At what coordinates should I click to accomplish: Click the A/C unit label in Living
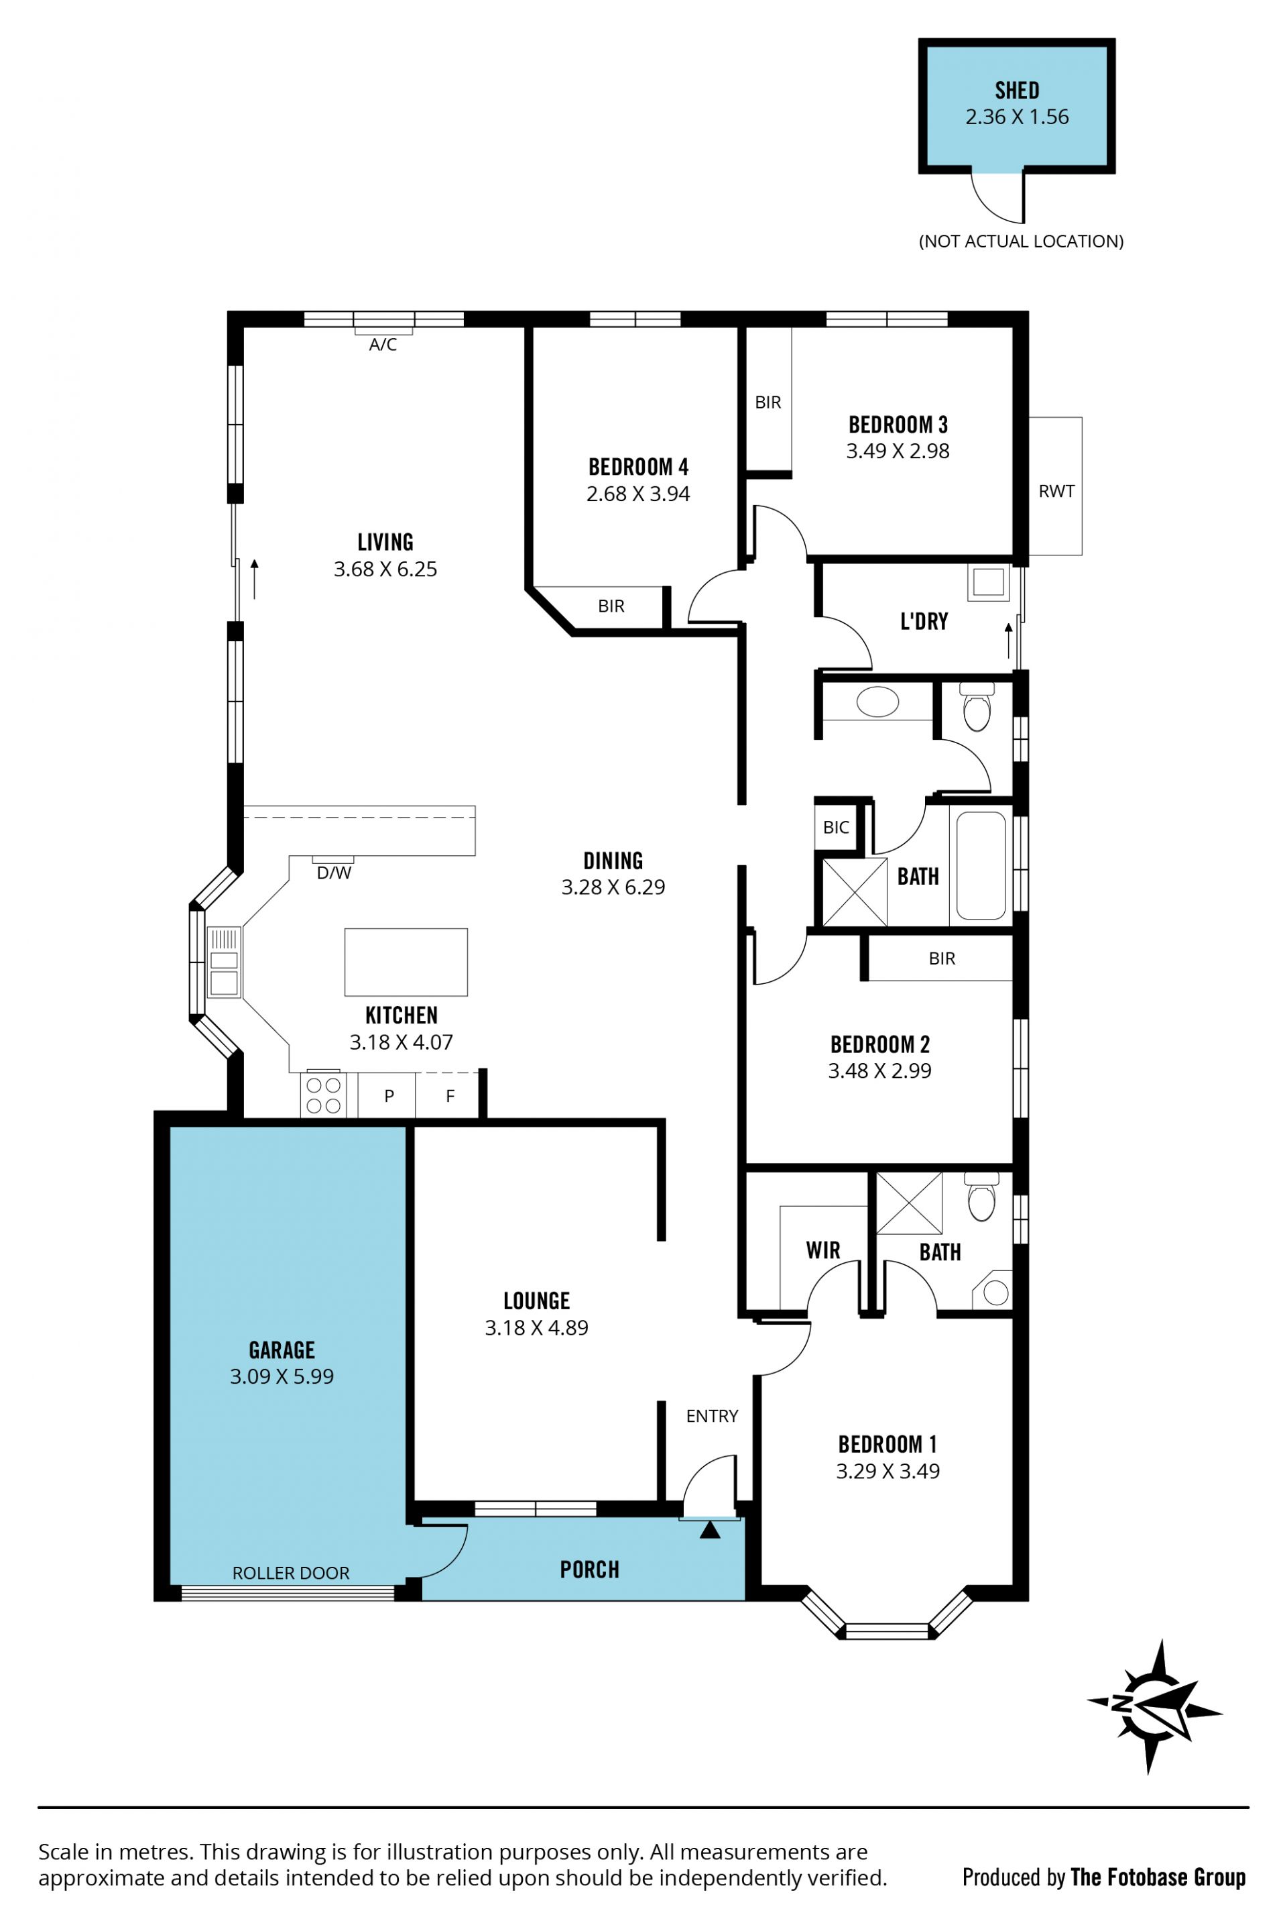(x=383, y=345)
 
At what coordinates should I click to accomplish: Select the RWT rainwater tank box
(x=1056, y=486)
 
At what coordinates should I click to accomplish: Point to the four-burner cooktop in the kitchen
(x=323, y=1095)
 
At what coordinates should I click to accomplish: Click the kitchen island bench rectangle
(x=406, y=962)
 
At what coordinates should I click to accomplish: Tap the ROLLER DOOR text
(x=290, y=1573)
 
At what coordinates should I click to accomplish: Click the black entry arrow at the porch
(x=710, y=1530)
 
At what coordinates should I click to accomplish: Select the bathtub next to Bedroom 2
(x=981, y=865)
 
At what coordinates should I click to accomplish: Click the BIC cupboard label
(x=836, y=827)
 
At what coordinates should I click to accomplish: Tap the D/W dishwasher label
(x=334, y=873)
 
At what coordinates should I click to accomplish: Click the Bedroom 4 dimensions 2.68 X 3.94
(x=637, y=494)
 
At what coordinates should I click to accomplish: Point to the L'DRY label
(x=924, y=621)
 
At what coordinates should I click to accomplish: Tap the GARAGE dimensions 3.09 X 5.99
(x=282, y=1376)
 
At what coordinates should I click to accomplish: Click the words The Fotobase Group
(x=1158, y=1877)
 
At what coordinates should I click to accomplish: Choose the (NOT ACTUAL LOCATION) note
(x=1021, y=241)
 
